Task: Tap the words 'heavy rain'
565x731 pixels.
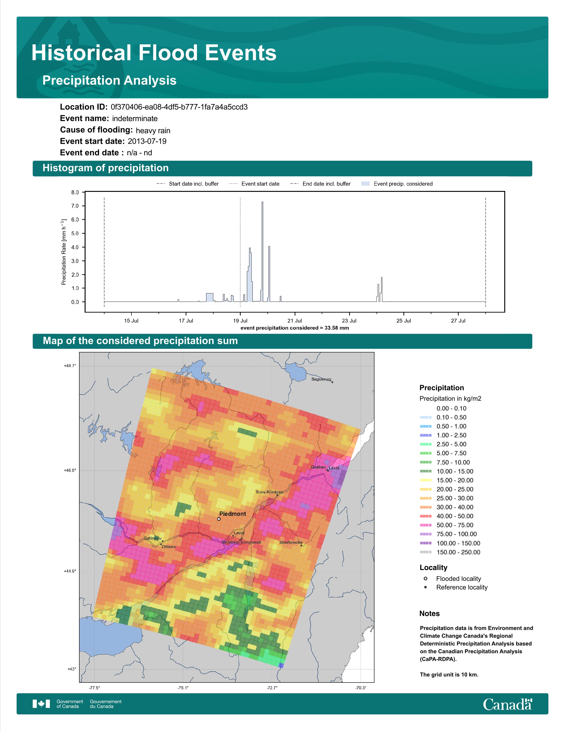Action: tap(153, 130)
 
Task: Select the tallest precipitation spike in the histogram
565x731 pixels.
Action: tap(262, 252)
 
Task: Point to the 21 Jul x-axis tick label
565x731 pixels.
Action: tap(295, 321)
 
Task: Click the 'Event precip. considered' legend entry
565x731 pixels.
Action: tap(397, 184)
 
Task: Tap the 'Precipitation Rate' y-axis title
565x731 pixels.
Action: tap(64, 252)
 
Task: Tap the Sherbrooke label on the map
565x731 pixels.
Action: tap(291, 542)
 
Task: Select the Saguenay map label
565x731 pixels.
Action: tap(321, 379)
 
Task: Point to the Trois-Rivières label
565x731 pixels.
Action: tap(269, 492)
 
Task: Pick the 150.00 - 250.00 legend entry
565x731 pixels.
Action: tap(450, 552)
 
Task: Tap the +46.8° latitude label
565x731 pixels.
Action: tap(70, 470)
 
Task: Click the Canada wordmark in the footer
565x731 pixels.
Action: tap(507, 704)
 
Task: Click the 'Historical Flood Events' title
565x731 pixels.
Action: tap(154, 53)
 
